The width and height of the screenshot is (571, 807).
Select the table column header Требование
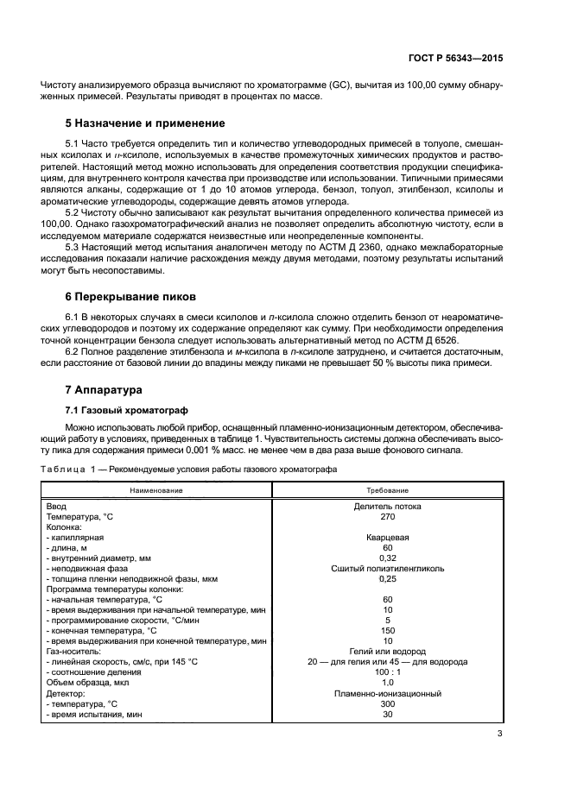(x=388, y=489)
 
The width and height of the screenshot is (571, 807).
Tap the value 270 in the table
(x=388, y=516)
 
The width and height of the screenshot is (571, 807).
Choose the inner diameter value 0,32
(x=388, y=558)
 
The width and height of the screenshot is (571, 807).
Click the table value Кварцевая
(x=388, y=537)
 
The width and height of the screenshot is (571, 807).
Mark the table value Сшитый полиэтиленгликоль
(x=388, y=568)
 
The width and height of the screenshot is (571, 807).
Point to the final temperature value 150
(x=388, y=630)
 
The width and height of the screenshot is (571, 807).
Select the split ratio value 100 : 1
(x=388, y=671)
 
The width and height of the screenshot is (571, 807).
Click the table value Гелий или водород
(x=388, y=651)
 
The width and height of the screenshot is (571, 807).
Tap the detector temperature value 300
(x=388, y=703)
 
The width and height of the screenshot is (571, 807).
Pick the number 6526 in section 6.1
(x=443, y=341)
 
